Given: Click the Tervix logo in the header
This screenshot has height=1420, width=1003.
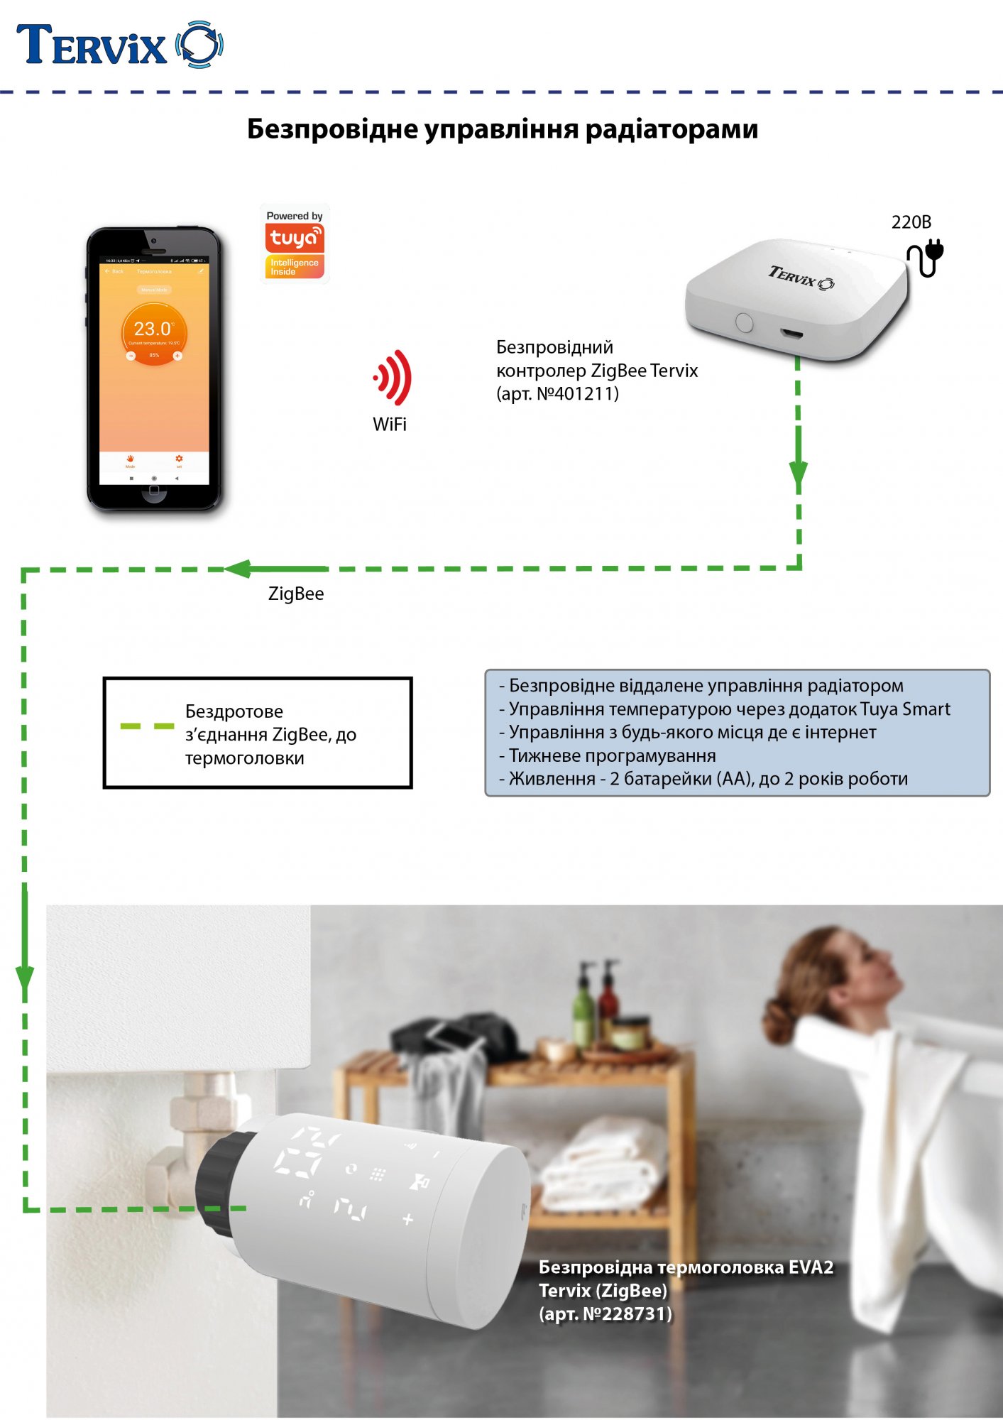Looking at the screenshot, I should coord(119,45).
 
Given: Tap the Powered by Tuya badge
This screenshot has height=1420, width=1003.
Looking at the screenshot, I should coord(295,244).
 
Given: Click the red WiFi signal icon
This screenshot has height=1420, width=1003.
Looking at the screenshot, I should coord(393,377).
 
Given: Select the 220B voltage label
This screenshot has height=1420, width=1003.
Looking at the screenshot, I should coord(911,222).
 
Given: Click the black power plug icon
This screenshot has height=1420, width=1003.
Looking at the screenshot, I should coord(926,258).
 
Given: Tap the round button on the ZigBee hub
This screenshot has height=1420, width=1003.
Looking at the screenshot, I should coord(744,322).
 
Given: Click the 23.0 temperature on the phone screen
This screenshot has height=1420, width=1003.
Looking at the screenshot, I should coord(153,329).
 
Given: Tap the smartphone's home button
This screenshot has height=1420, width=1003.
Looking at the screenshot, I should coord(154,493).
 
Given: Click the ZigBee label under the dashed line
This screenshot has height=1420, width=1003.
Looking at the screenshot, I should coord(295,594).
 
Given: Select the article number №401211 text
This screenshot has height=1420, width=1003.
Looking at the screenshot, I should coord(577,394).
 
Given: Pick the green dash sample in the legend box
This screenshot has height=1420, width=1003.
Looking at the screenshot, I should coord(147,726).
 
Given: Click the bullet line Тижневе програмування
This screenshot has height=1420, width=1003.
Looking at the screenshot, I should coord(612,755).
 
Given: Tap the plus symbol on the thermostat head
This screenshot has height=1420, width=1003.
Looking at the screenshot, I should coord(407,1220).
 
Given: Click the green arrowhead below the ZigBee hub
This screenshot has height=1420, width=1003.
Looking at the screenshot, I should coord(799,474).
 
